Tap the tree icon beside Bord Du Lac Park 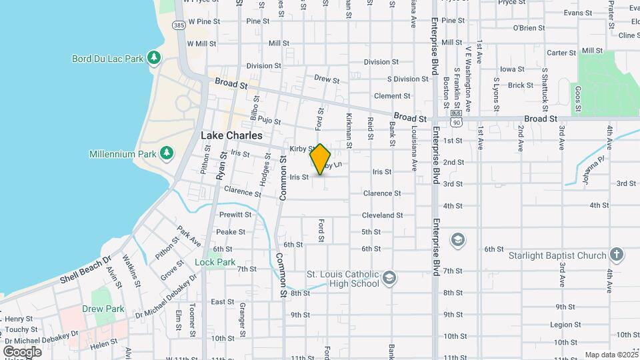[x=154, y=58]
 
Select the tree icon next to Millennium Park [x=167, y=154]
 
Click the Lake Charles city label [x=232, y=135]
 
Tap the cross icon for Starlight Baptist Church [x=617, y=255]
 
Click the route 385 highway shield [x=179, y=25]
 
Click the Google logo [x=22, y=351]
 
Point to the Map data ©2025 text [x=611, y=355]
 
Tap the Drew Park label [x=103, y=309]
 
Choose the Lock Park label [x=215, y=262]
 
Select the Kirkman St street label [x=349, y=130]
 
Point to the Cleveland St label [x=382, y=215]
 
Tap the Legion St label [x=562, y=325]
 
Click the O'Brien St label [x=529, y=28]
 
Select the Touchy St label [x=22, y=329]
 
